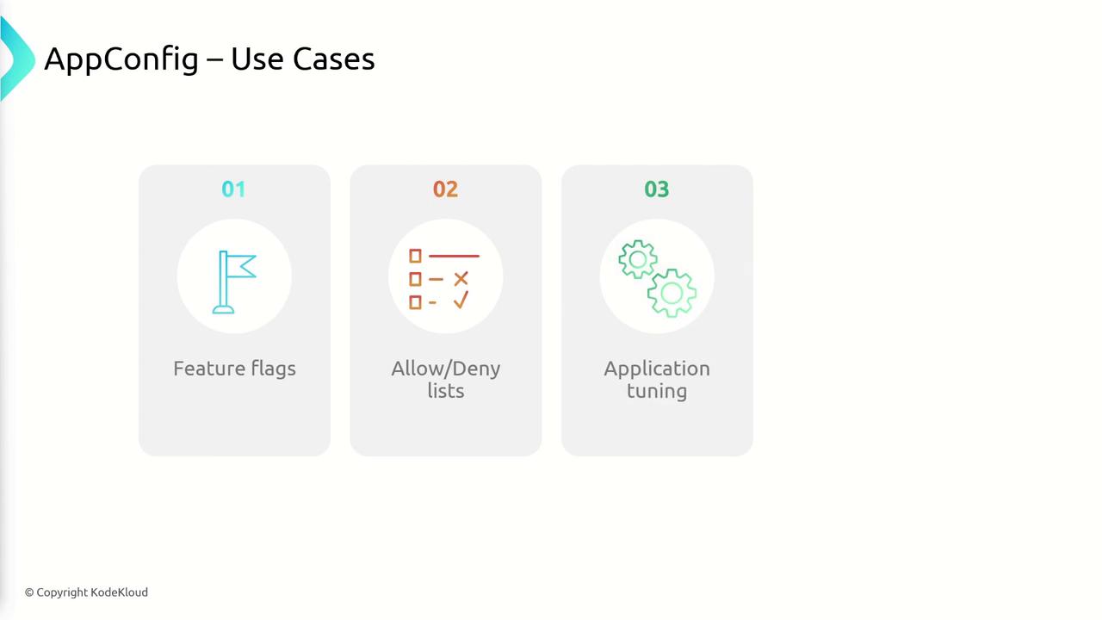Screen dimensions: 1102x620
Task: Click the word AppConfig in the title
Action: pyautogui.click(x=121, y=59)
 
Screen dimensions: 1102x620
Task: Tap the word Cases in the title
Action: pyautogui.click(x=333, y=59)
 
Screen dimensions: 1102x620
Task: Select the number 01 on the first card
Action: pyautogui.click(x=233, y=189)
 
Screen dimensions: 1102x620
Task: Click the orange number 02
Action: pyautogui.click(x=445, y=189)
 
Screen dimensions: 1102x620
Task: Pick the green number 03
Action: pyautogui.click(x=657, y=189)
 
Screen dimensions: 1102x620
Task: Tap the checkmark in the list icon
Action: pyautogui.click(x=461, y=300)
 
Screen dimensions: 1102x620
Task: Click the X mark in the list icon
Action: pyautogui.click(x=461, y=279)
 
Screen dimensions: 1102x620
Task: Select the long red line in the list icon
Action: pyautogui.click(x=454, y=256)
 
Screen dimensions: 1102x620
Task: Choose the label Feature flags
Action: pyautogui.click(x=234, y=369)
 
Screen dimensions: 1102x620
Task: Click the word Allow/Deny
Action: pyautogui.click(x=446, y=369)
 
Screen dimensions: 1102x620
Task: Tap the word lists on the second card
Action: pyautogui.click(x=446, y=391)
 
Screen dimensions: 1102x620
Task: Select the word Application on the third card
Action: pyautogui.click(x=657, y=369)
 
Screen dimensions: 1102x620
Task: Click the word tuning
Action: pyautogui.click(x=657, y=392)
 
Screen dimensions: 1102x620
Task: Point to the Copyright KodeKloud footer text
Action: pyautogui.click(x=87, y=592)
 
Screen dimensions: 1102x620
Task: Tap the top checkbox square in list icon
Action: pyautogui.click(x=415, y=256)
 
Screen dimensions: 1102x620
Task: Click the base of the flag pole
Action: pyautogui.click(x=223, y=309)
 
